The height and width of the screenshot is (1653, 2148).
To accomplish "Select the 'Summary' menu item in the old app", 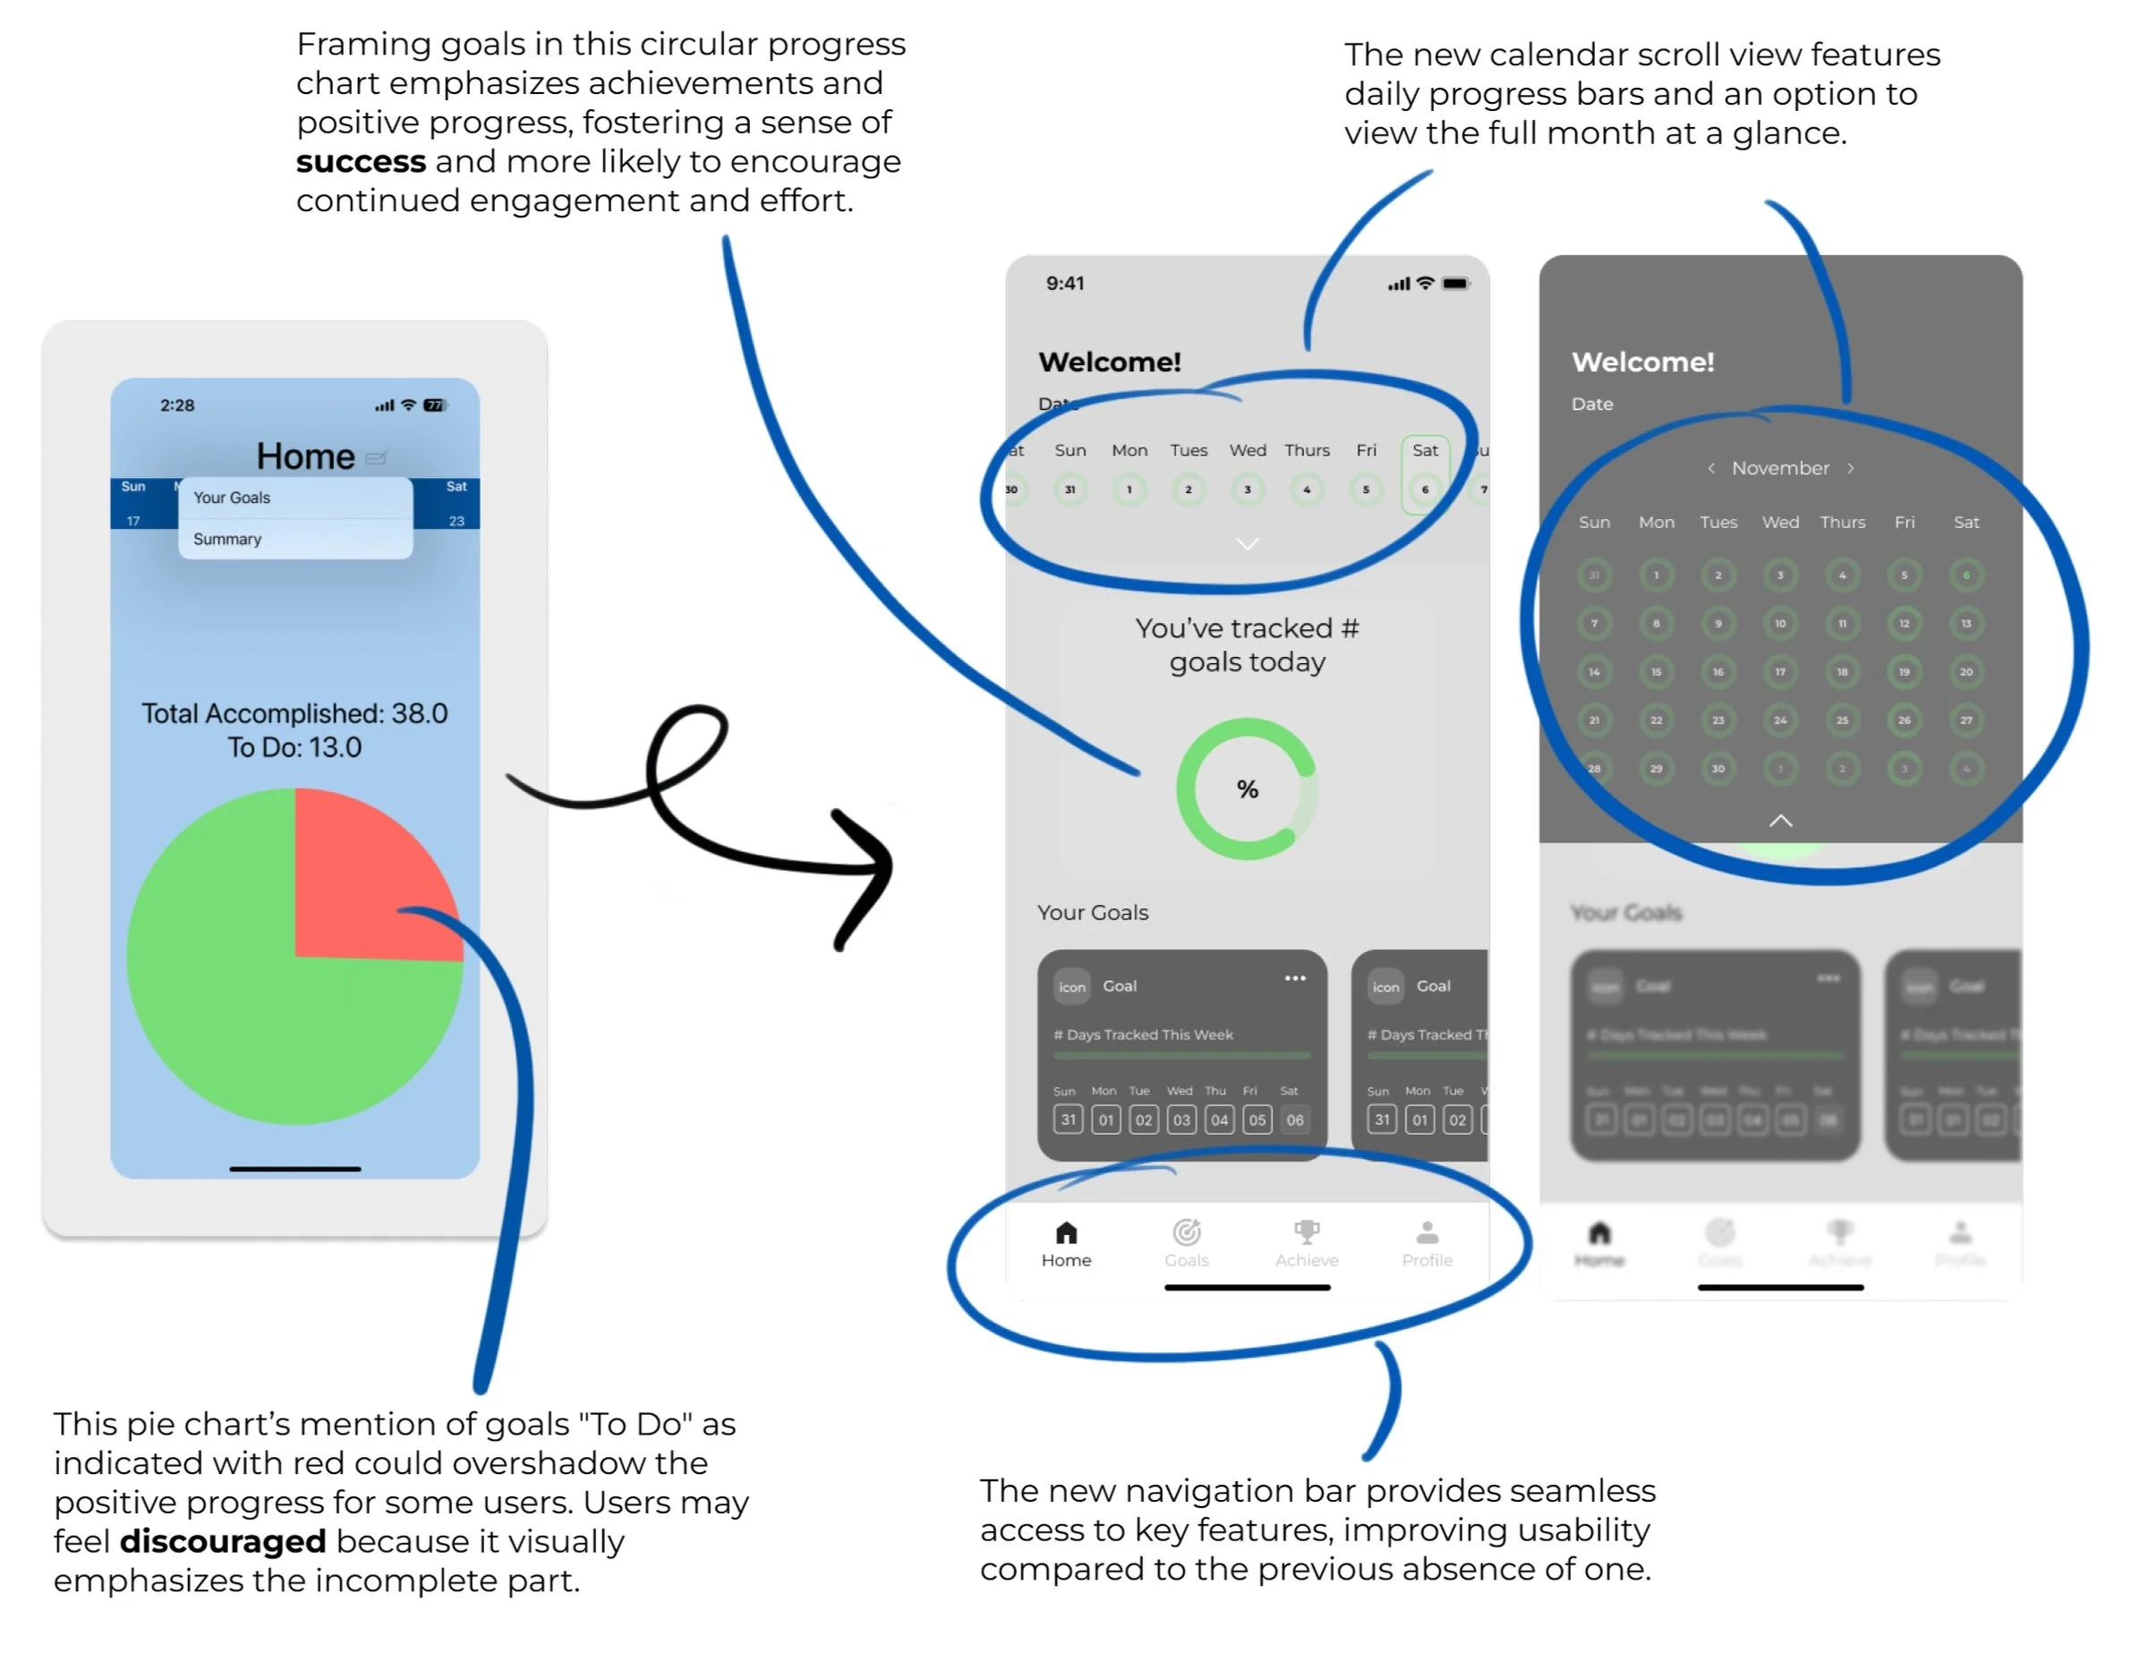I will pos(227,539).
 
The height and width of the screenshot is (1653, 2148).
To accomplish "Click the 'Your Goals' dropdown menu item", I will pos(232,498).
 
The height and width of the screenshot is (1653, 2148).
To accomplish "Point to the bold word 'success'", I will pos(361,161).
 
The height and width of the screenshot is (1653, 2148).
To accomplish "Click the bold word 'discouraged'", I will pos(222,1541).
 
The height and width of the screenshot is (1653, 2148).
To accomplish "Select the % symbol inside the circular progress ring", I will pos(1247,788).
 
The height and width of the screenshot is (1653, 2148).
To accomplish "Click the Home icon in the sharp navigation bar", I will pos(1066,1233).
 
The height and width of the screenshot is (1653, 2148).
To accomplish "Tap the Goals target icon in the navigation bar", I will pos(1186,1232).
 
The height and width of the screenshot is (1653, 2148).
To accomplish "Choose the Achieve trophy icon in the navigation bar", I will pos(1306,1231).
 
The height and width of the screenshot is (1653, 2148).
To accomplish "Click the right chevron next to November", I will pos(1851,468).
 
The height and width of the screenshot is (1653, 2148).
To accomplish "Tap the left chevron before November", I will pos(1711,468).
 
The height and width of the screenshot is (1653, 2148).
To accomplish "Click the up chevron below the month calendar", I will pos(1780,820).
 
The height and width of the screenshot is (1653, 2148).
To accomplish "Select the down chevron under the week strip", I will pos(1247,544).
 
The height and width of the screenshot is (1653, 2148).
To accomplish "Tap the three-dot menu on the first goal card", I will pos(1295,978).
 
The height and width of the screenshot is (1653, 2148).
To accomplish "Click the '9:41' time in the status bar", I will pos(1065,283).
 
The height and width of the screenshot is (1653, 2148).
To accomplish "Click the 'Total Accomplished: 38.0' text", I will pos(294,713).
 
